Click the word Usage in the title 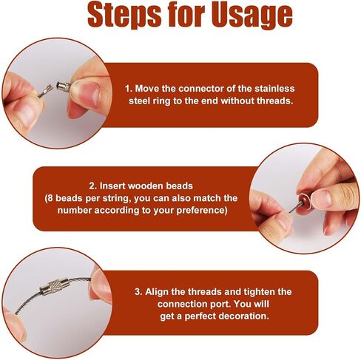pos(252,16)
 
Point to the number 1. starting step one pos(129,89)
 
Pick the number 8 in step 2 pos(50,198)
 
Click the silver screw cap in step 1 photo pos(64,86)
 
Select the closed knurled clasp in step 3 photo pos(55,287)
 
